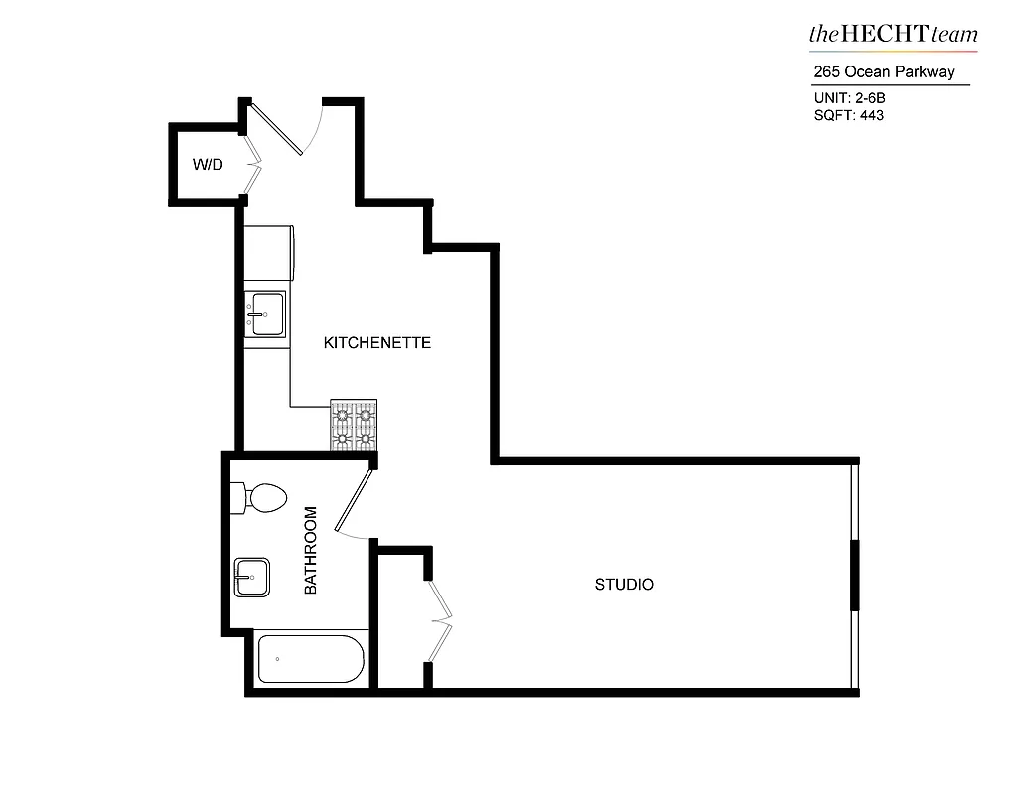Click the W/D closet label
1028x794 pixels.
coord(207,164)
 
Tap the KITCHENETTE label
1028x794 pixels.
coord(377,343)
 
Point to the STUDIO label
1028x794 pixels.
coord(624,585)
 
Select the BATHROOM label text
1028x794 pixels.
coord(310,551)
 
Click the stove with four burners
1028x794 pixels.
coord(354,425)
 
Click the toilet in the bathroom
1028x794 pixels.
coord(261,497)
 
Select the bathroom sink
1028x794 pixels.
coord(252,577)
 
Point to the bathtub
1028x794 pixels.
coord(311,659)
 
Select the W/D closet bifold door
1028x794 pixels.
coord(252,164)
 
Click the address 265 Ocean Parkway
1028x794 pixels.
coord(883,71)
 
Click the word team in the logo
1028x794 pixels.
coord(954,34)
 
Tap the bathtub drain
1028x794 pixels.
coord(277,659)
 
